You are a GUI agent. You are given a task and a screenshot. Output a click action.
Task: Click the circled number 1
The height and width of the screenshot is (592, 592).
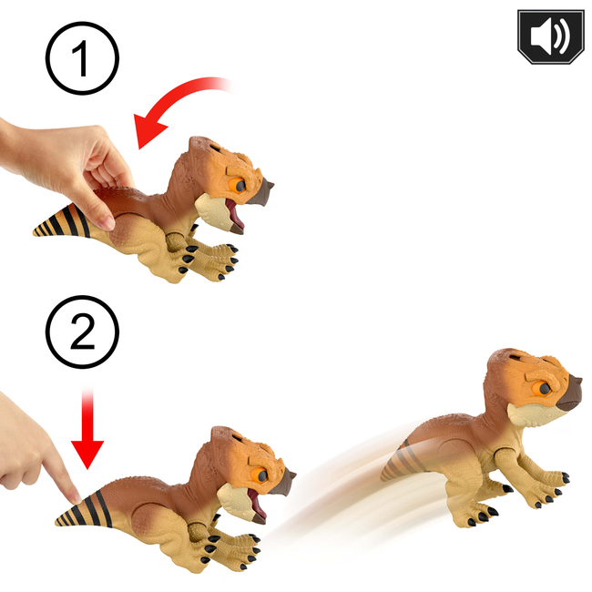click(82, 58)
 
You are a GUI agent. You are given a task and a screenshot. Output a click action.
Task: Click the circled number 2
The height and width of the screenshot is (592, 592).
click(82, 332)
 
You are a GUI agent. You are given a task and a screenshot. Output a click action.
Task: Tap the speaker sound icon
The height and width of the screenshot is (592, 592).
click(551, 36)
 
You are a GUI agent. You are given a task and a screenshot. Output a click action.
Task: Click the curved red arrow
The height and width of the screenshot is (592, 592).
click(166, 100)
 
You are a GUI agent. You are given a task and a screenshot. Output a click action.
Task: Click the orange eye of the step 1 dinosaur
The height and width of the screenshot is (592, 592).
click(237, 185)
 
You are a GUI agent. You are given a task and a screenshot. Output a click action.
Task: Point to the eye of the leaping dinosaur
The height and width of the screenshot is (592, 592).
click(542, 388)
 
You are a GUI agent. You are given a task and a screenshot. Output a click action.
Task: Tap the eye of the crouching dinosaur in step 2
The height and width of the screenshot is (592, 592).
click(260, 475)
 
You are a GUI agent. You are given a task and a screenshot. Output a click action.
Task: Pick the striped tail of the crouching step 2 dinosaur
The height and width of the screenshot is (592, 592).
click(84, 510)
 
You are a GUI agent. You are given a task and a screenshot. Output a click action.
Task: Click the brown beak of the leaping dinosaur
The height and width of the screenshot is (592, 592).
click(568, 393)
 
